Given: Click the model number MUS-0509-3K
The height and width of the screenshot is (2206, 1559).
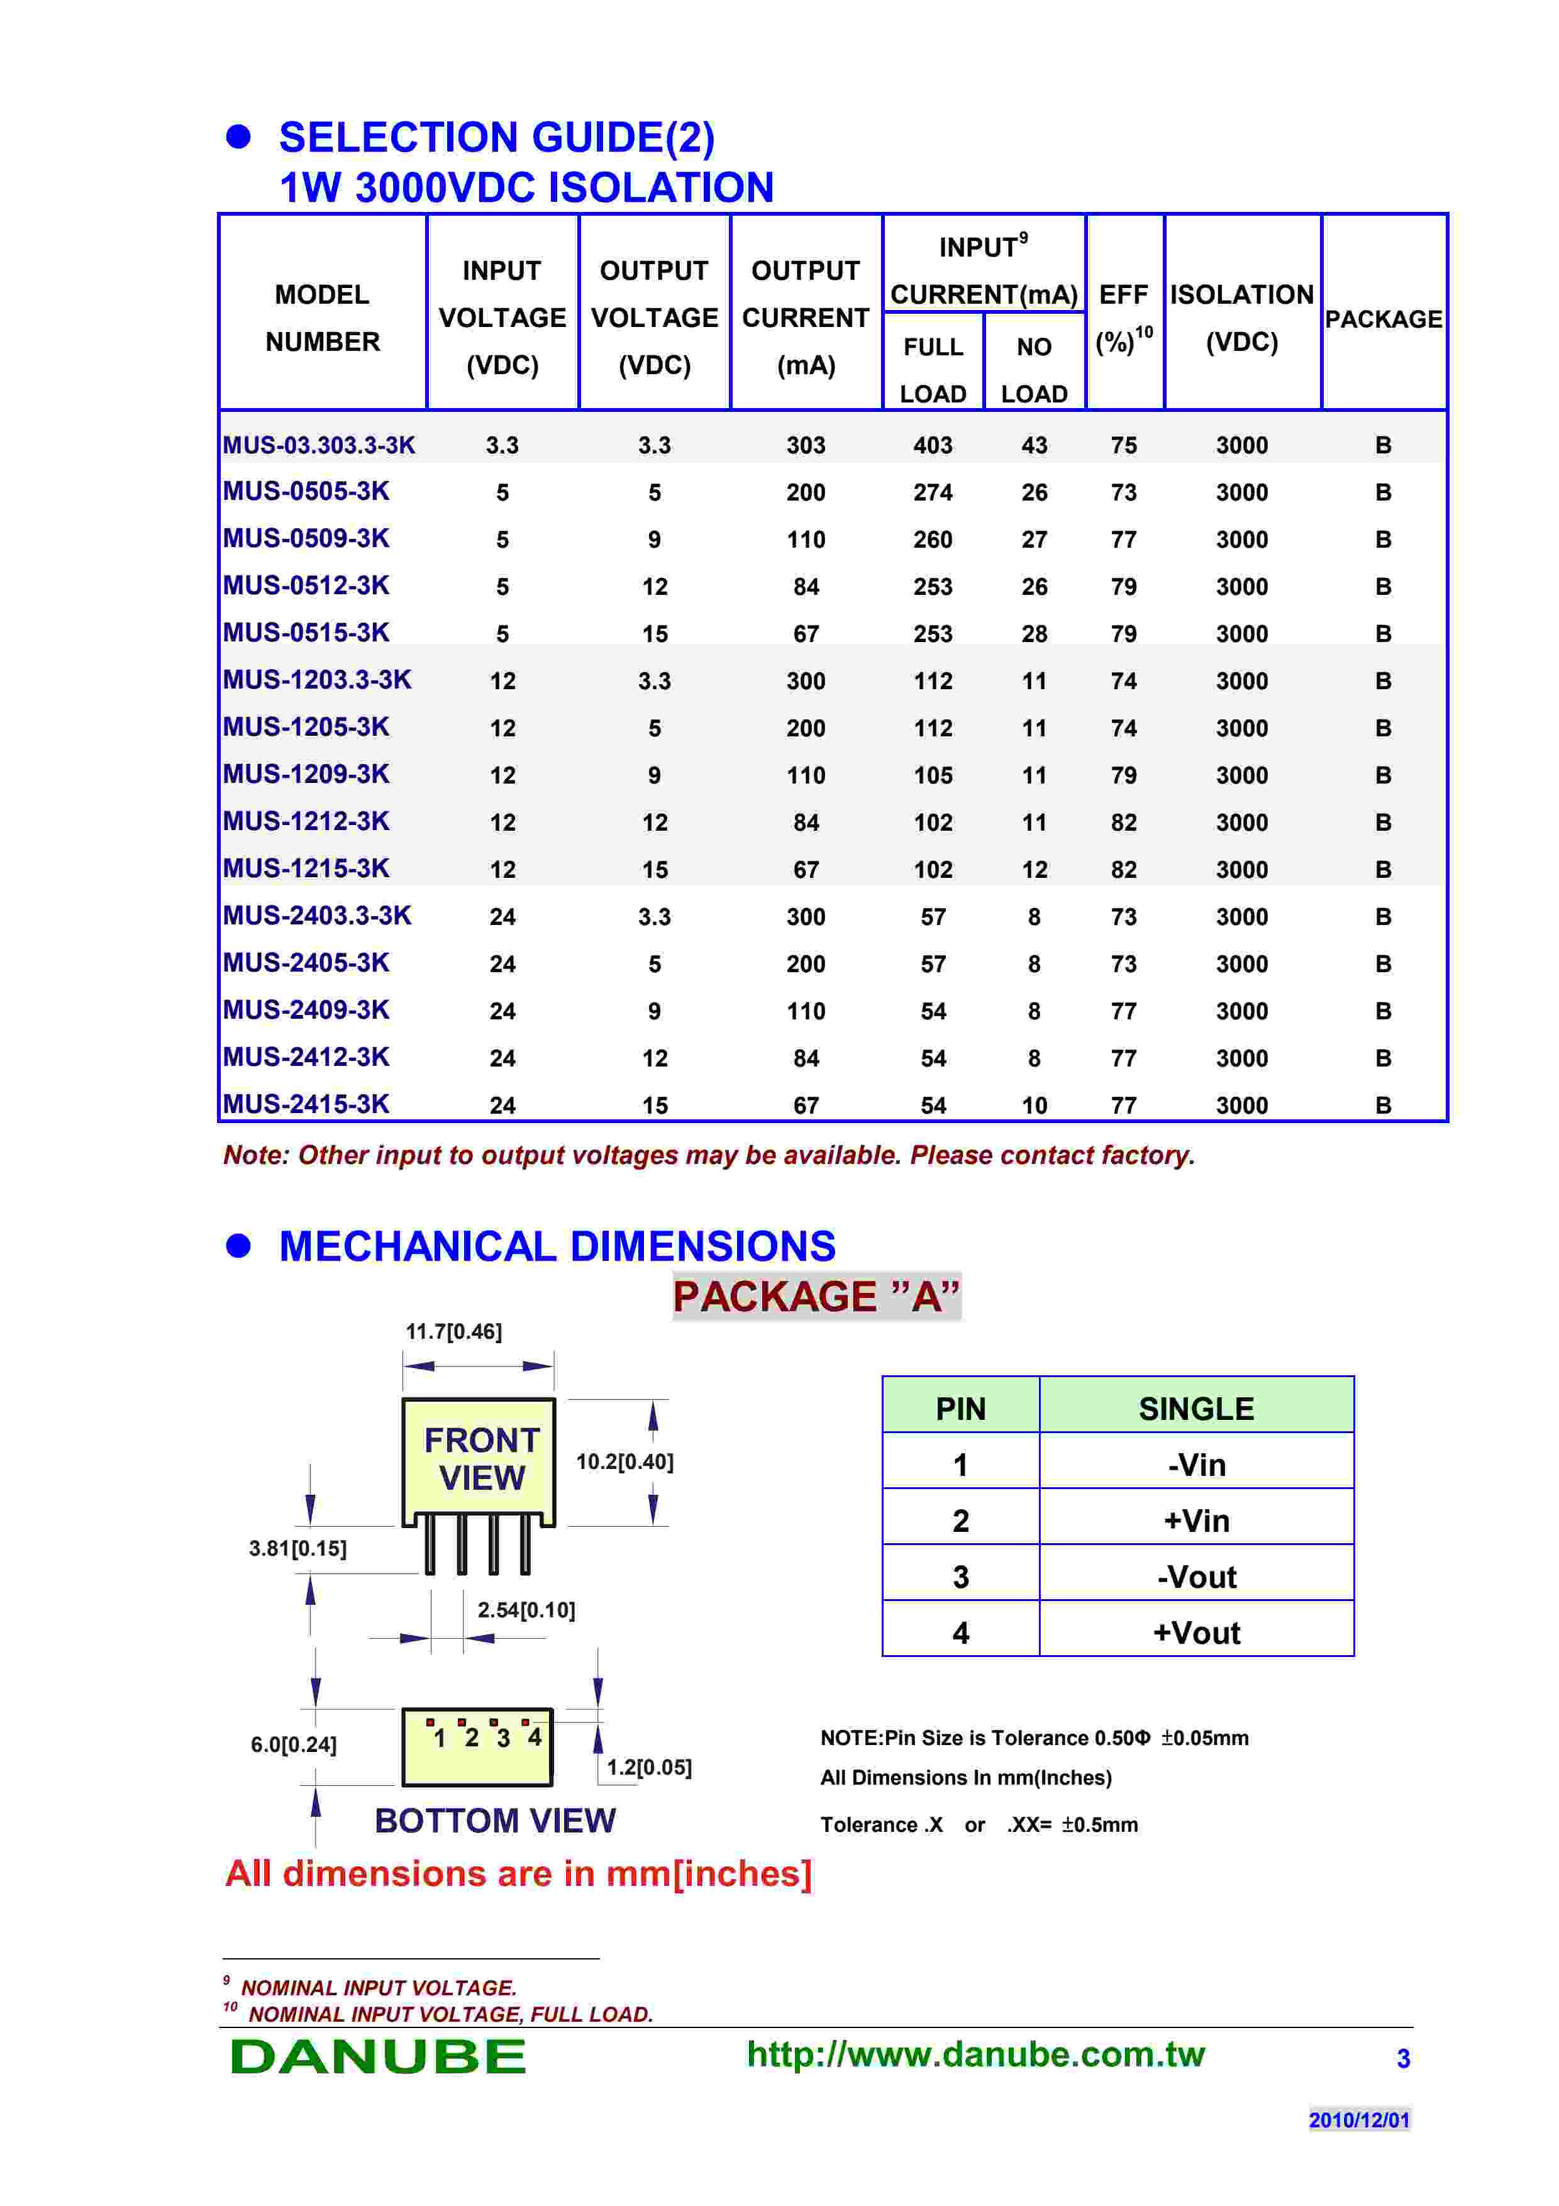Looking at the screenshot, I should [x=306, y=538].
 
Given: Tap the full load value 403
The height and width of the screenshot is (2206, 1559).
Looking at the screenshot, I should [x=933, y=446].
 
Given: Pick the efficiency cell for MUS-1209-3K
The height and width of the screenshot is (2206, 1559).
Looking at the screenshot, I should [x=1124, y=775].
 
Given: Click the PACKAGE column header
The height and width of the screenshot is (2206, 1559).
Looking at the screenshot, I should [x=1383, y=319].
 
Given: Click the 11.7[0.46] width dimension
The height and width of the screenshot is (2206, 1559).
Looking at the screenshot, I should [x=453, y=1332].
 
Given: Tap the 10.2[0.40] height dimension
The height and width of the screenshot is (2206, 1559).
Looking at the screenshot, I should [x=624, y=1461].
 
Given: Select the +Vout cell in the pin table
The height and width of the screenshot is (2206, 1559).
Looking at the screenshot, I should [x=1196, y=1632].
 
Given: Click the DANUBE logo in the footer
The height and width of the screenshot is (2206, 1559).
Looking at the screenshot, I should [x=379, y=2056].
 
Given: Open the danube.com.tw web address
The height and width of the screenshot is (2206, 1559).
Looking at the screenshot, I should [x=975, y=2054].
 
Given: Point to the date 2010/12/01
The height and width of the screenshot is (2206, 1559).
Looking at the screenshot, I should [x=1359, y=2119].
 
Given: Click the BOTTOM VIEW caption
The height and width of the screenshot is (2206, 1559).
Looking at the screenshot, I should [x=495, y=1821].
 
